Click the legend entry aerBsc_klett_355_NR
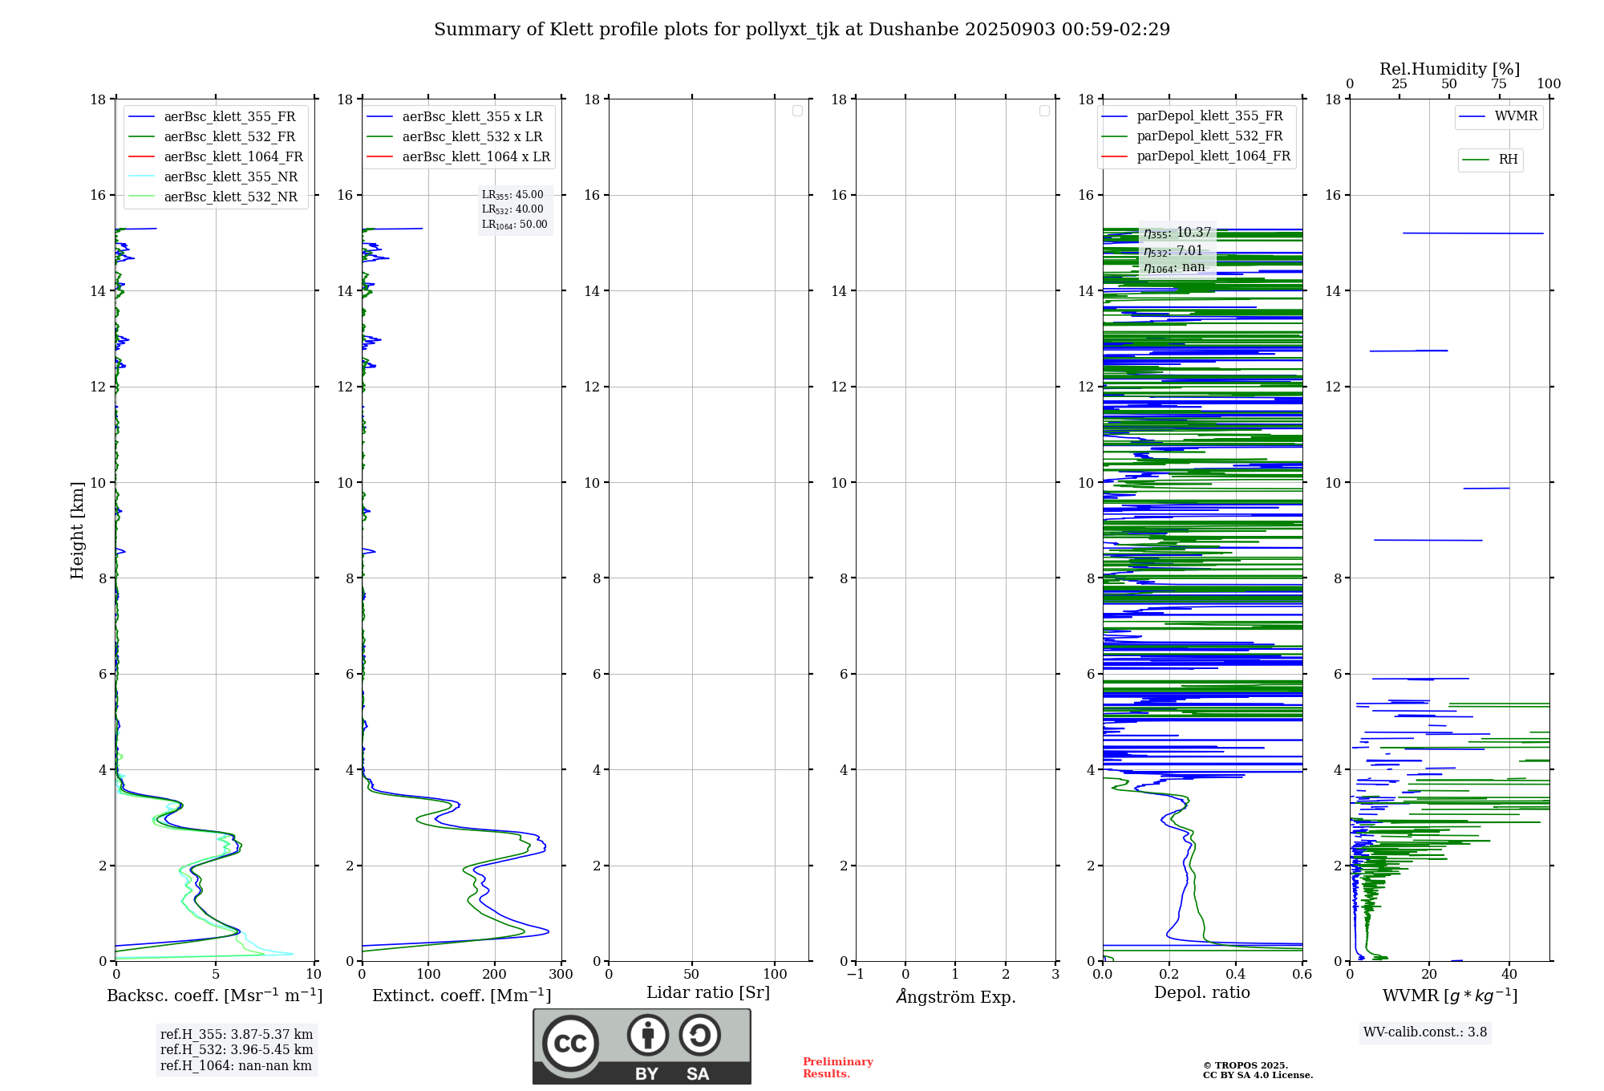click(230, 176)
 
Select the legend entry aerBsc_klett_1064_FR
click(233, 156)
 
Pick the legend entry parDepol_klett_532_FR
click(1209, 136)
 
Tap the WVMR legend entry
click(1516, 116)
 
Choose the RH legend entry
click(1508, 160)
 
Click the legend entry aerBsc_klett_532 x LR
click(472, 136)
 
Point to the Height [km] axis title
click(77, 530)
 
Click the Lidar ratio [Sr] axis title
click(707, 993)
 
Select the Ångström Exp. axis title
click(955, 997)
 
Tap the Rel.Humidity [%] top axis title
click(1449, 69)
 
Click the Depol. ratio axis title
click(1201, 993)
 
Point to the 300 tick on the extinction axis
click(561, 975)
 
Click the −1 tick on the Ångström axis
click(856, 975)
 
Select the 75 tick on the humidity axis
click(1498, 84)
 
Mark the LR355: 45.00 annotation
click(512, 195)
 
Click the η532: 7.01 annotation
click(1173, 251)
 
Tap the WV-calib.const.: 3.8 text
click(1424, 1032)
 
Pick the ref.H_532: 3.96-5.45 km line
click(237, 1050)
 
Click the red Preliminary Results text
click(837, 1068)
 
